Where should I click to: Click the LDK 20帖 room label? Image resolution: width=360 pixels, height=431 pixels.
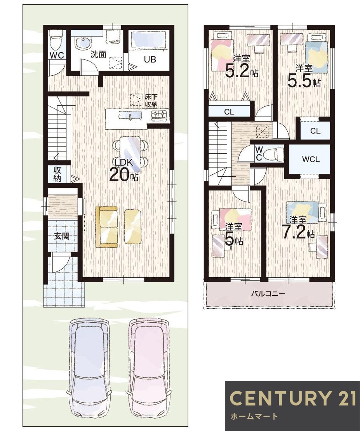[124, 170]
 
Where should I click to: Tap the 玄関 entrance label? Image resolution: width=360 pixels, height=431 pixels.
[62, 236]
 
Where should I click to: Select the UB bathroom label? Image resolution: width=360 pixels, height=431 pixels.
[150, 59]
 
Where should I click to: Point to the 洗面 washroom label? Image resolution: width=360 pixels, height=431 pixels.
[98, 54]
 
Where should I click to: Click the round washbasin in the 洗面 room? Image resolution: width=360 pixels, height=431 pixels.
[82, 43]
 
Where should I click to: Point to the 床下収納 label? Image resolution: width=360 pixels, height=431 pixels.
[151, 101]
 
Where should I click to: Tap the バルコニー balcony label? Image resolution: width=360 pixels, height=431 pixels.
[268, 294]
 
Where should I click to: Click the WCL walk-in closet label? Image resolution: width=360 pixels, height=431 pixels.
[311, 159]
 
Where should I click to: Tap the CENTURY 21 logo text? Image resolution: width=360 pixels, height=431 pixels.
[292, 398]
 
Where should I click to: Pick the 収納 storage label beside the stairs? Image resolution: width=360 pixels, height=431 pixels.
[57, 174]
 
